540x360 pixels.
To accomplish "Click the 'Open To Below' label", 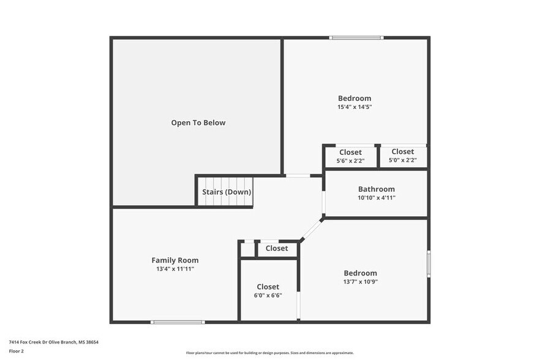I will click(x=198, y=122).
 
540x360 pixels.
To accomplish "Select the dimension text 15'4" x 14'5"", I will click(x=354, y=107).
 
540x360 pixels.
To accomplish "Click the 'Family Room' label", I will click(x=175, y=260).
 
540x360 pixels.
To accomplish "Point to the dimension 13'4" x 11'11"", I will click(x=175, y=269).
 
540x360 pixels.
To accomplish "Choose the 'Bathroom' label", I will click(x=376, y=189).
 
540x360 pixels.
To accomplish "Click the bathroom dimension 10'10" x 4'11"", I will click(x=376, y=198).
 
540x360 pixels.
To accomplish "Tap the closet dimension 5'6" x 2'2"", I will click(x=350, y=161).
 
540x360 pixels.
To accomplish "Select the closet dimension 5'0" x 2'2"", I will click(x=402, y=160).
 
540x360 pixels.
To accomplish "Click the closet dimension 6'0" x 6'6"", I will click(x=268, y=295).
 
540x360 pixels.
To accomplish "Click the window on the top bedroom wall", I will click(x=356, y=38).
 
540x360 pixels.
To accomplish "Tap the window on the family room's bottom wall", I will click(x=178, y=322).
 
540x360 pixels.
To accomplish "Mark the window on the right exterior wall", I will click(x=429, y=263).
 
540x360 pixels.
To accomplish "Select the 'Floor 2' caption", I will click(x=16, y=351).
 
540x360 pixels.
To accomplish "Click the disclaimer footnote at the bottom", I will click(x=269, y=353).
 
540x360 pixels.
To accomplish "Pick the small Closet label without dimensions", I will click(x=277, y=248).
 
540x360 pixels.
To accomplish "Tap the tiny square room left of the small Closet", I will click(x=247, y=249).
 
